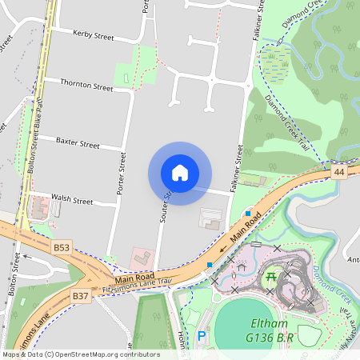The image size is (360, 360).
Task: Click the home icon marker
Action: click(180, 173)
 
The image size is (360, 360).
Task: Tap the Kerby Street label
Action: click(94, 35)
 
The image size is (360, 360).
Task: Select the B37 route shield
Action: click(80, 296)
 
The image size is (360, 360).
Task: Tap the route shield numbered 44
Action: click(340, 173)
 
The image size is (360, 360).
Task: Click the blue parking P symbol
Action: click(202, 337)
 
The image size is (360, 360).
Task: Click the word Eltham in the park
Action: click(265, 326)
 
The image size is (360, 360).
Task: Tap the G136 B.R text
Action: click(270, 339)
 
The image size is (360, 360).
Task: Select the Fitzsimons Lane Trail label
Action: click(137, 285)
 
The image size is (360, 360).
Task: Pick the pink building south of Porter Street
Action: click(142, 258)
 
